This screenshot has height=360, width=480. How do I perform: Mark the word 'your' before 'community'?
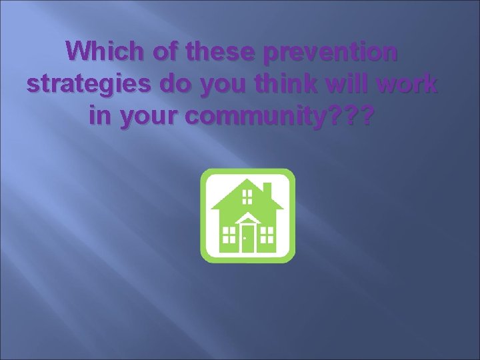click(x=147, y=119)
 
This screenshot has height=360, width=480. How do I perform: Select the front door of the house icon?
click(x=248, y=238)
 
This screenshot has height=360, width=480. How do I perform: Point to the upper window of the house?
click(x=247, y=196)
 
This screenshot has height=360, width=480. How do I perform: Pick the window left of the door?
click(x=229, y=234)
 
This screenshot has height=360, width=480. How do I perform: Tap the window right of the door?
click(x=267, y=234)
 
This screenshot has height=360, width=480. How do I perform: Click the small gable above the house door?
click(x=248, y=219)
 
